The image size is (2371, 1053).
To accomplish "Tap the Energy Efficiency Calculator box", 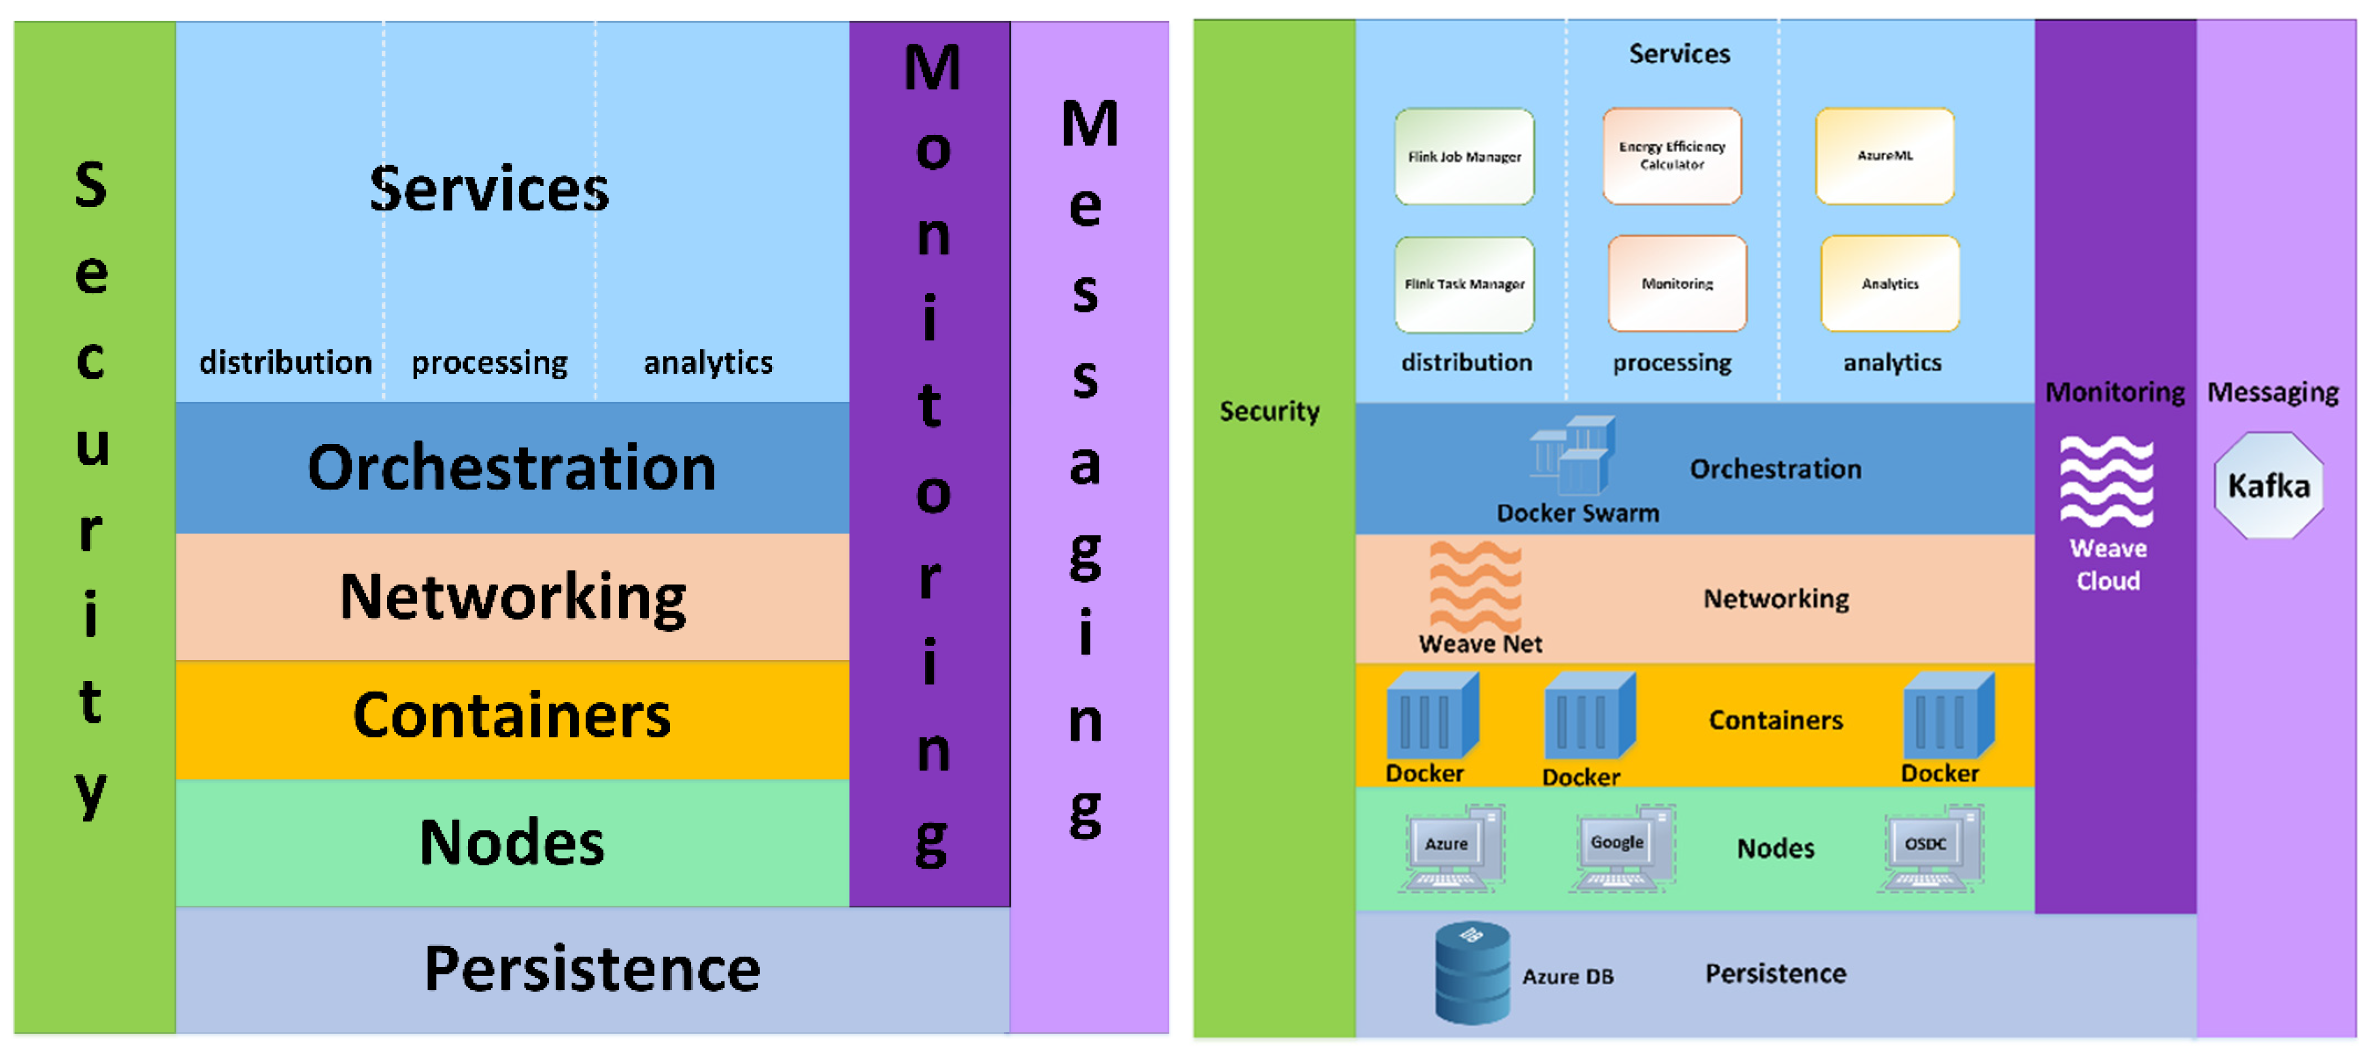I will point(1671,156).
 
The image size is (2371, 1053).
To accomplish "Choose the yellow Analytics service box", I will point(1890,283).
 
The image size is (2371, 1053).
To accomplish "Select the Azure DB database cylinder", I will point(1472,973).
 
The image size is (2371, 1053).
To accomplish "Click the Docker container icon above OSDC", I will point(1948,716).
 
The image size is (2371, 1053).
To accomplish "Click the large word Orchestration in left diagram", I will point(512,468).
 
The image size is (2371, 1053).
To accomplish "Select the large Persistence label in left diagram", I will point(592,969).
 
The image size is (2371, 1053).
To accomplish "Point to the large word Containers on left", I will point(512,716).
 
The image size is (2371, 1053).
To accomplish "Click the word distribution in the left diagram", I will point(285,363).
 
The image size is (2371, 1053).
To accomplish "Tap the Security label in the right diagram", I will point(1269,411).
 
